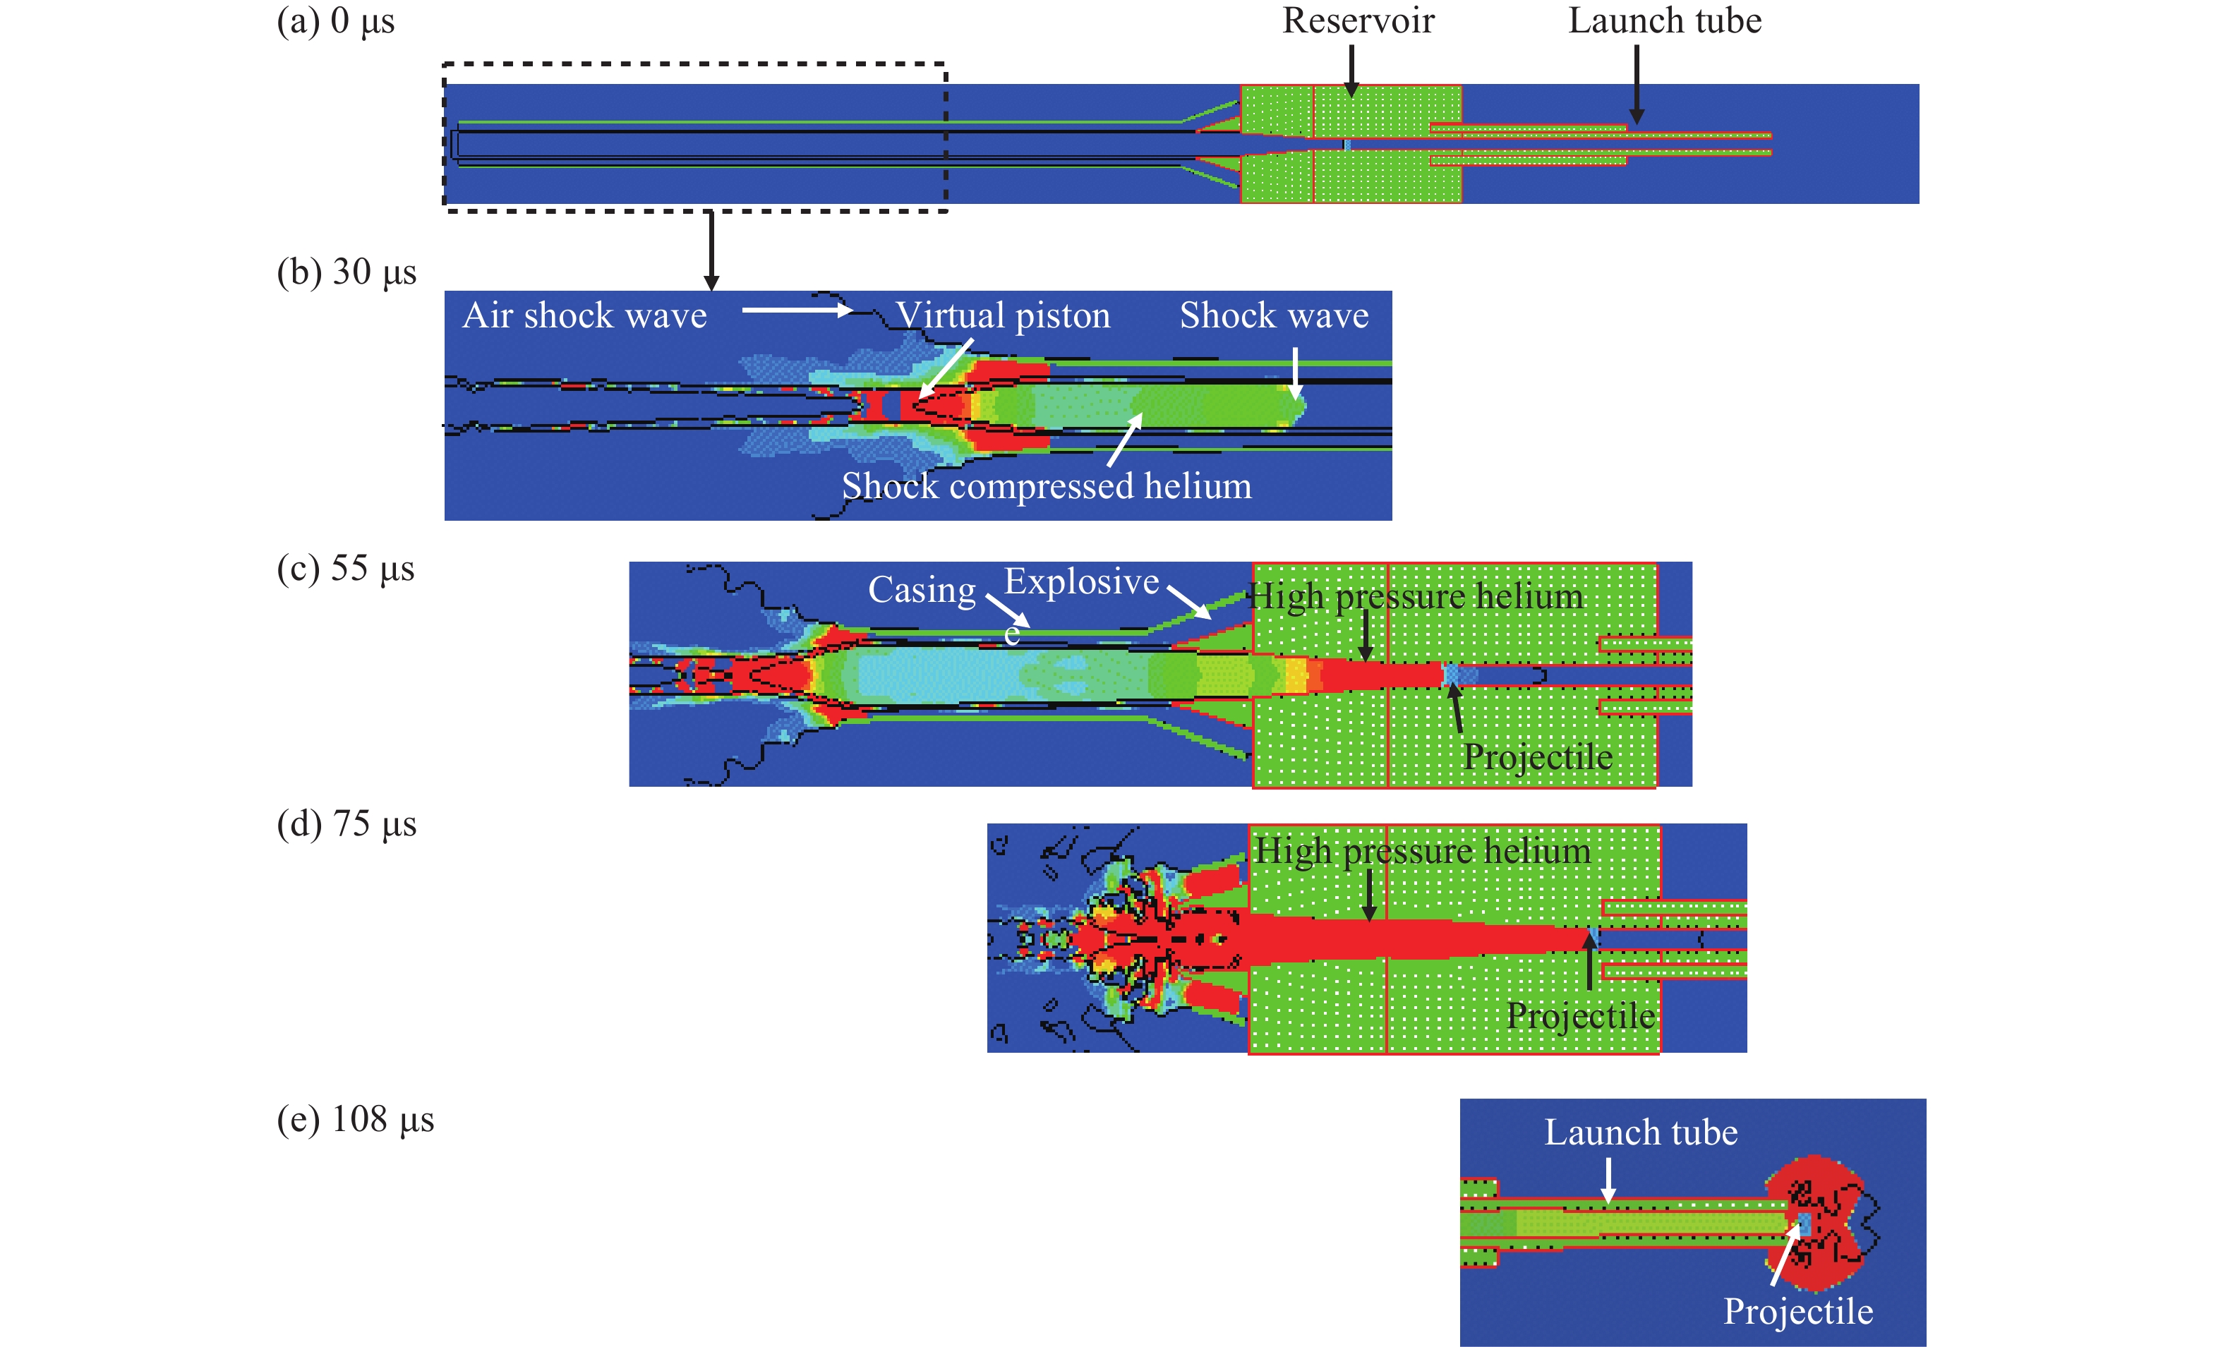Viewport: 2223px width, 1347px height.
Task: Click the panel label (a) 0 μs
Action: [x=336, y=20]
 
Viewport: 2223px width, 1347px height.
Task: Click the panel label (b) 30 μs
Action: [x=347, y=272]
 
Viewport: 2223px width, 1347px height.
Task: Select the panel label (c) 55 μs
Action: [x=346, y=569]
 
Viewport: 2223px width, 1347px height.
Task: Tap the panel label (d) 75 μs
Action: [x=347, y=823]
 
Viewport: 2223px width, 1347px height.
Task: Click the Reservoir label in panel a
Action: [x=1358, y=20]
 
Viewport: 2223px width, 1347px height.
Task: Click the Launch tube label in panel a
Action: [x=1665, y=20]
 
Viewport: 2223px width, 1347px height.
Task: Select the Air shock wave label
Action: [x=584, y=316]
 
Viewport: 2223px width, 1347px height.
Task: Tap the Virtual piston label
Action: [x=1002, y=316]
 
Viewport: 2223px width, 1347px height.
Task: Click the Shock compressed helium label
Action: [x=1047, y=486]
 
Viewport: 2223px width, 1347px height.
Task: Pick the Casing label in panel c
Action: [x=921, y=590]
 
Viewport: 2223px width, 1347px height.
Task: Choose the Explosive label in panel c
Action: [x=1081, y=582]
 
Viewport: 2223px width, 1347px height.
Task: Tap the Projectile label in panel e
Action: [x=1798, y=1312]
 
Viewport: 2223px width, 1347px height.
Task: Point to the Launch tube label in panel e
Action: [x=1640, y=1132]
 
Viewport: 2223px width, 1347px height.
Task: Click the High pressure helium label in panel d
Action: [x=1422, y=852]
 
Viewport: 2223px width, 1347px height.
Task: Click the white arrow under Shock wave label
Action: [x=1295, y=372]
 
